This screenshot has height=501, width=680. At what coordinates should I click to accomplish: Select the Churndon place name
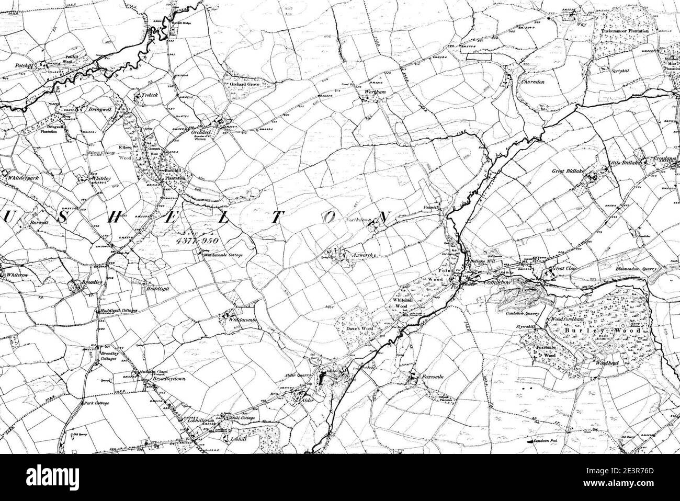532,82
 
